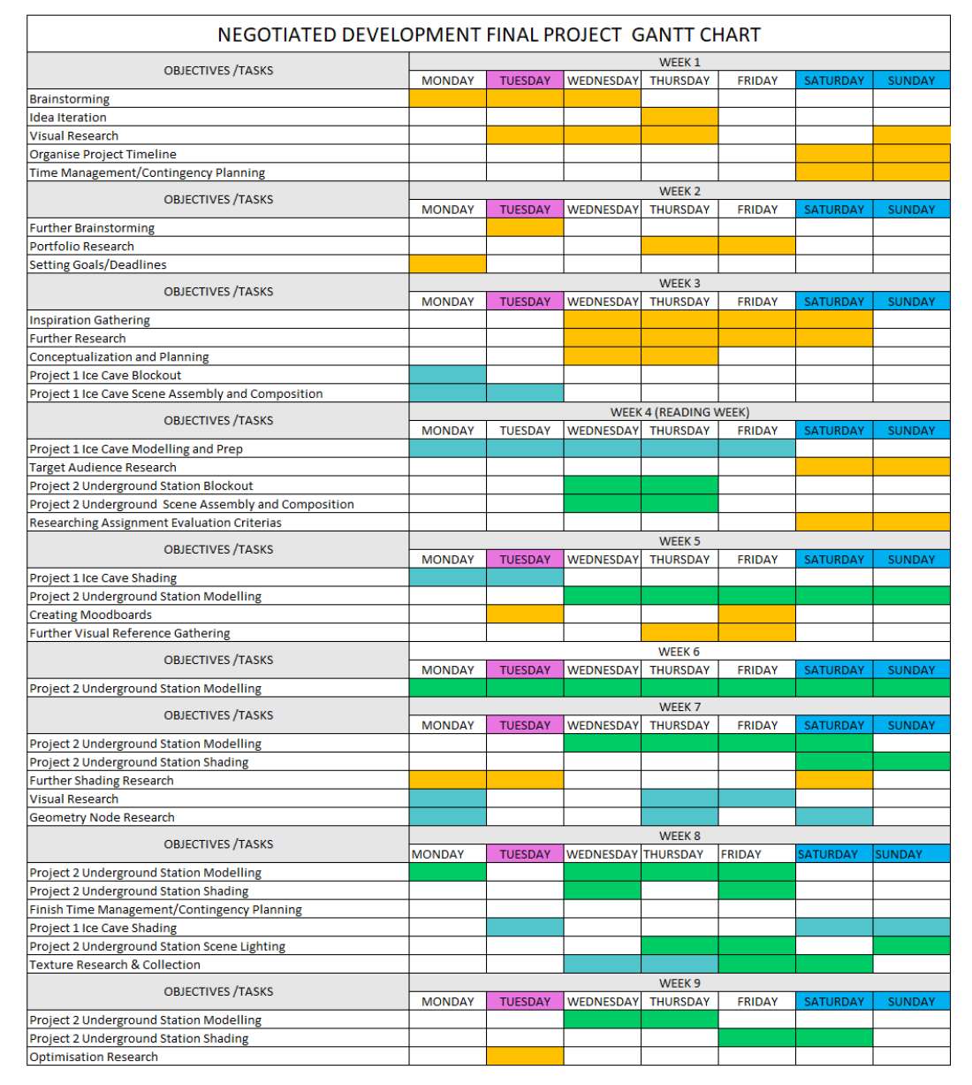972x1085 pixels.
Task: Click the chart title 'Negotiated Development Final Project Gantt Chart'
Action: pos(488,34)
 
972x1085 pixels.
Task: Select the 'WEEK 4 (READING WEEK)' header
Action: pos(680,412)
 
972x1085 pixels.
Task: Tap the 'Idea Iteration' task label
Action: pos(68,118)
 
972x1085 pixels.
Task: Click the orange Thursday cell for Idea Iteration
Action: pos(680,117)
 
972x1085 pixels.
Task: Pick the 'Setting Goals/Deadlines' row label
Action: pos(98,264)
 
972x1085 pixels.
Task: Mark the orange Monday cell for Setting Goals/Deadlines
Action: pos(447,264)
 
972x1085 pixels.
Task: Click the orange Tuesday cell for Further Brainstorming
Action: pos(525,227)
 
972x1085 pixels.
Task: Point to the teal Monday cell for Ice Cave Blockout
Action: pos(447,374)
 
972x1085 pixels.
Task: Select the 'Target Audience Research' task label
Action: pos(103,467)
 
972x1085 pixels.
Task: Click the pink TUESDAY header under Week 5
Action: pos(525,559)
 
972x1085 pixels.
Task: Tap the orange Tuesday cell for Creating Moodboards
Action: pos(525,615)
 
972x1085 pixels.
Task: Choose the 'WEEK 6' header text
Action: pos(680,651)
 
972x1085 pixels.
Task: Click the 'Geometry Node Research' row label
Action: pos(102,817)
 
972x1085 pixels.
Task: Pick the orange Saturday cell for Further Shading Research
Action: pos(834,780)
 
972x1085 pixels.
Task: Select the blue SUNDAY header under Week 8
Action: pos(911,853)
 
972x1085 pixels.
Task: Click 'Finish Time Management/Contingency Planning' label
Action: pos(165,909)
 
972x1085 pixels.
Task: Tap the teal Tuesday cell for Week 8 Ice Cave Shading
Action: pos(525,927)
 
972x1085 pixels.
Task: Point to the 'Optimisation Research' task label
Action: pos(94,1057)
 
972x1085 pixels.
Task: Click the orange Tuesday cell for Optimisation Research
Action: pos(525,1056)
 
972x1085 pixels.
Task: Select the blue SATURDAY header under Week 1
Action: pos(834,80)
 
